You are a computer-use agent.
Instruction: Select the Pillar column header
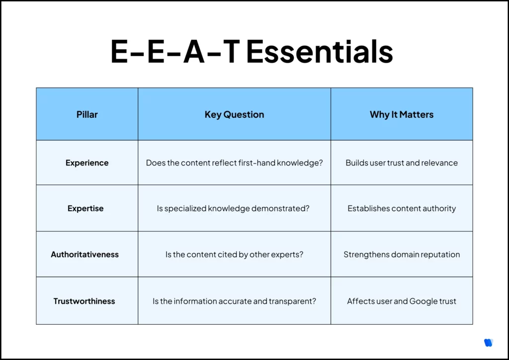(87, 114)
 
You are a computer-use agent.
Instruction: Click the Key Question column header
(234, 114)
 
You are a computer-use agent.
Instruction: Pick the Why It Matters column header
(402, 114)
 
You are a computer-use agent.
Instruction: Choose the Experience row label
(87, 163)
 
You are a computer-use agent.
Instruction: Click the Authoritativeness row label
(85, 254)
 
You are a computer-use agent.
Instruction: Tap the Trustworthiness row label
(85, 301)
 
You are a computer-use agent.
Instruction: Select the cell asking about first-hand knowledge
(234, 163)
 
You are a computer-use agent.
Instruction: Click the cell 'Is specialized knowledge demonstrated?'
(233, 208)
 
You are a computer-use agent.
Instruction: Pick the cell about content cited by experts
(234, 254)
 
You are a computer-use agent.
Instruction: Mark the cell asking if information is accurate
(234, 301)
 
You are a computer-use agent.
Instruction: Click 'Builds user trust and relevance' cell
(402, 163)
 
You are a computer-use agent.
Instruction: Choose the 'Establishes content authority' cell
(402, 208)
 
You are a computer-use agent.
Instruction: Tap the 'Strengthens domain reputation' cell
(402, 254)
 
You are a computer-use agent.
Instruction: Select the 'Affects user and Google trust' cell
(402, 301)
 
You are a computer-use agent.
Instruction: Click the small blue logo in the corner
(488, 343)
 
